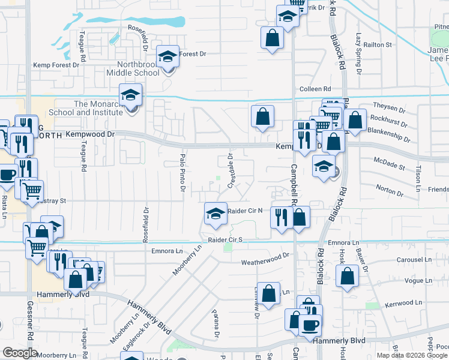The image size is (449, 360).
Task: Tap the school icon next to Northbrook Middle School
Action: tap(168, 57)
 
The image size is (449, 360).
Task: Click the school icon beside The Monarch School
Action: tap(130, 95)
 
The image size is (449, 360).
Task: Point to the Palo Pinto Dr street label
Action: tap(182, 173)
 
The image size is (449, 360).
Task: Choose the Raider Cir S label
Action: tap(226, 239)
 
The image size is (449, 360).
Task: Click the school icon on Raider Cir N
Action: tap(215, 214)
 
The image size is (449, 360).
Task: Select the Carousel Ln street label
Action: tap(414, 260)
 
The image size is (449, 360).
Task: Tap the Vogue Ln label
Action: tap(418, 280)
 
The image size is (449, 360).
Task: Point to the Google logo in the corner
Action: tap(20, 353)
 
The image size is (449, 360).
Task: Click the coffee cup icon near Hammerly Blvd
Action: tap(310, 326)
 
